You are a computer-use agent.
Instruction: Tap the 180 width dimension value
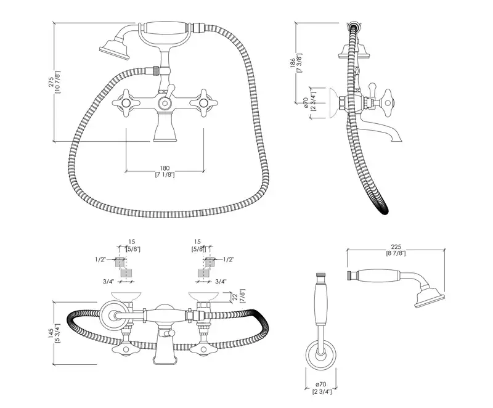click(x=165, y=168)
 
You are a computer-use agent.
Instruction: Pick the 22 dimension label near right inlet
click(x=235, y=297)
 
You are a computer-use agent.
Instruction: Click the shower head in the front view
click(x=113, y=49)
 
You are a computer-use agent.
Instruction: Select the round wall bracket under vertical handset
click(x=320, y=356)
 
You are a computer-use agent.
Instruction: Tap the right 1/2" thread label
click(x=227, y=259)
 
